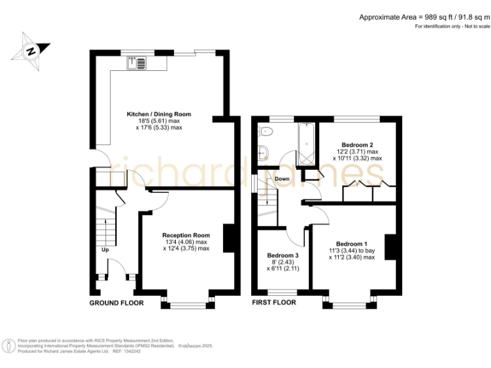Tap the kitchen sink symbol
[x=137, y=62]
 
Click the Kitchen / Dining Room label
[x=159, y=114]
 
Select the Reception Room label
[x=186, y=235]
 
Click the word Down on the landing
[x=283, y=179]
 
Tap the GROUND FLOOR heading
[x=116, y=303]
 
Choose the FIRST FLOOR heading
[x=274, y=303]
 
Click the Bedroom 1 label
[x=352, y=244]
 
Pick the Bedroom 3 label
[x=283, y=255]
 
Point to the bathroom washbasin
[x=263, y=153]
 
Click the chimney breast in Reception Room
[x=228, y=238]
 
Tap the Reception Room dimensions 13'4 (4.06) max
[x=186, y=242]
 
